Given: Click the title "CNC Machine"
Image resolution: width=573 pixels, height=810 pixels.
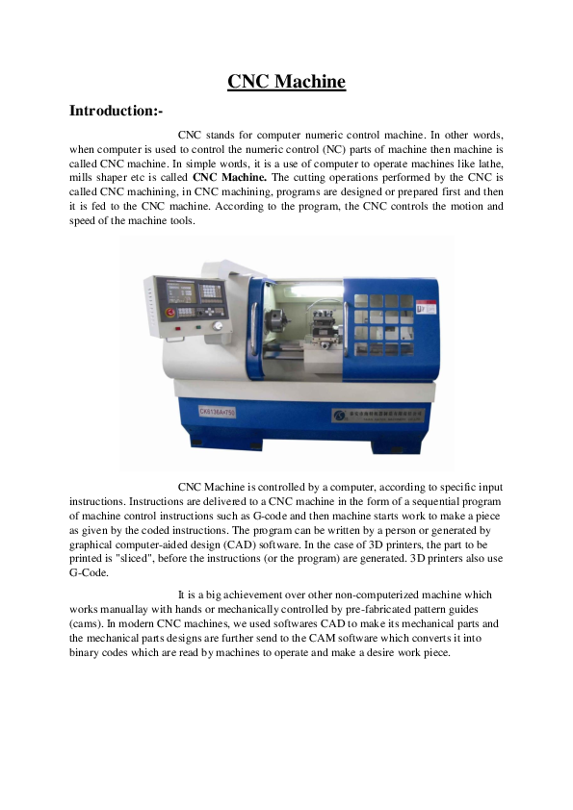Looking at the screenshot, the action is pyautogui.click(x=286, y=82).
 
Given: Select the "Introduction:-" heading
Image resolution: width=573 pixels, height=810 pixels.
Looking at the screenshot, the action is pyautogui.click(x=122, y=112).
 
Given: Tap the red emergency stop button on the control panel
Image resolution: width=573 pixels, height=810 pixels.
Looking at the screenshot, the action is pyautogui.click(x=173, y=314).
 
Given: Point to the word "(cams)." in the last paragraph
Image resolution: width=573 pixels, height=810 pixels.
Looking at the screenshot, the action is pyautogui.click(x=89, y=623).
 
